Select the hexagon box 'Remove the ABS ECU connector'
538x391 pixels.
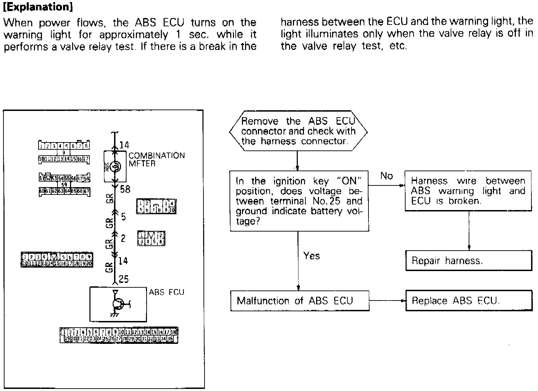tap(298, 131)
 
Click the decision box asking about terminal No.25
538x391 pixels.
tap(299, 201)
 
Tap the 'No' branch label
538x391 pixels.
tap(387, 176)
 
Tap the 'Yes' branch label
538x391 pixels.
tap(311, 256)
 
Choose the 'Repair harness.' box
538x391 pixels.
tap(468, 261)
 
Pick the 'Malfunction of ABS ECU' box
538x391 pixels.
tap(300, 301)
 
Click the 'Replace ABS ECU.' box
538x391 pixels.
tap(468, 301)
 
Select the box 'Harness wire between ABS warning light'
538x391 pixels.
tap(468, 191)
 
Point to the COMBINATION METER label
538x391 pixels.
tap(156, 159)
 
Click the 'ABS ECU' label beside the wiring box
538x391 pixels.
tap(166, 292)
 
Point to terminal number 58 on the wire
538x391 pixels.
tap(125, 189)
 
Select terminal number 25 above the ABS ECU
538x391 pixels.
tap(123, 279)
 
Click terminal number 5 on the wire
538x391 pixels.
tap(123, 217)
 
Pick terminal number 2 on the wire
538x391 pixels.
tap(123, 238)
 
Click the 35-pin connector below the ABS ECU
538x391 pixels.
tap(119, 335)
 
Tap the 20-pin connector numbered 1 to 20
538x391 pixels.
tap(57, 260)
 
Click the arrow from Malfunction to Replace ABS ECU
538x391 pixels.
tap(387, 301)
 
